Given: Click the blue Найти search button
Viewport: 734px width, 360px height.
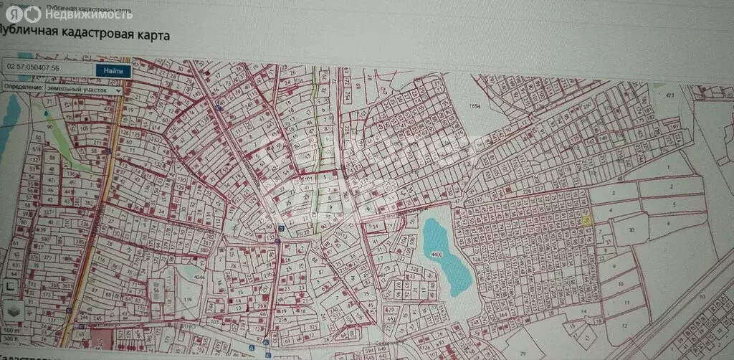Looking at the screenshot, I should point(113,70).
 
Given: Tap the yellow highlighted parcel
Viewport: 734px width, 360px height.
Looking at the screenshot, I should point(586,221).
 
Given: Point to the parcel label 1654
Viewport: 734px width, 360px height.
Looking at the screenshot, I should point(474,106).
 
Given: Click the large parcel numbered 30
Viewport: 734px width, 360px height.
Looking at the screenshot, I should point(630,229).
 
